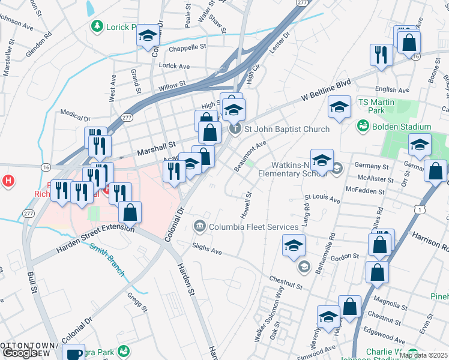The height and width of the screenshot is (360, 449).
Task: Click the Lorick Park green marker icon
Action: click(x=97, y=26)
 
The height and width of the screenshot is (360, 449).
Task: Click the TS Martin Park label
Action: click(x=376, y=106)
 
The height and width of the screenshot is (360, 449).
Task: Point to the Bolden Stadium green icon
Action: click(x=363, y=127)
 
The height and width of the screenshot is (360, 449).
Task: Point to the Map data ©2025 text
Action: click(x=423, y=355)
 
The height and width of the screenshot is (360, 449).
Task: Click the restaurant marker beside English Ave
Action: click(x=382, y=55)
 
